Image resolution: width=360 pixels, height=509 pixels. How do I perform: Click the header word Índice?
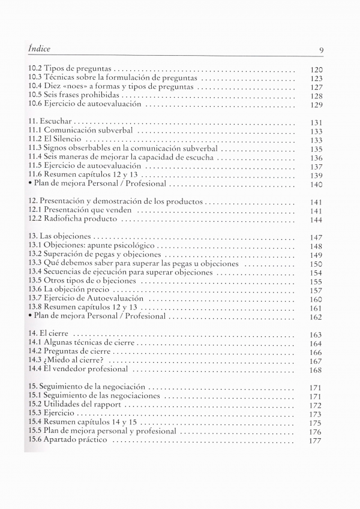click(39, 49)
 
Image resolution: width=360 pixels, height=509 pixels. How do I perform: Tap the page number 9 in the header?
click(322, 50)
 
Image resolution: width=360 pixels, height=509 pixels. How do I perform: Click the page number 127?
click(316, 87)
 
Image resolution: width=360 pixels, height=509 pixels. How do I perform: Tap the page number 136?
click(316, 158)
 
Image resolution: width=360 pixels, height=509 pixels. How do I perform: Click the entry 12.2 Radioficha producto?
click(72, 219)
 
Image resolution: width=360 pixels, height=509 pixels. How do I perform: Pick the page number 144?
click(316, 220)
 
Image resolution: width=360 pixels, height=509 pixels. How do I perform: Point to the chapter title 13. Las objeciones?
click(59, 237)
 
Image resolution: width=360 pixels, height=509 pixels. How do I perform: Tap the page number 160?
click(316, 299)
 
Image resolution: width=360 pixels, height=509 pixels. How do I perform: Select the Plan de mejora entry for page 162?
click(97, 316)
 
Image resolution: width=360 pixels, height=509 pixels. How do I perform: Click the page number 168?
click(316, 370)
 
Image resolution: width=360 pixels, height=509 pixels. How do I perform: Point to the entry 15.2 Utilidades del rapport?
click(75, 405)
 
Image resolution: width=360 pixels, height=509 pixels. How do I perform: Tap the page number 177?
click(316, 441)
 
